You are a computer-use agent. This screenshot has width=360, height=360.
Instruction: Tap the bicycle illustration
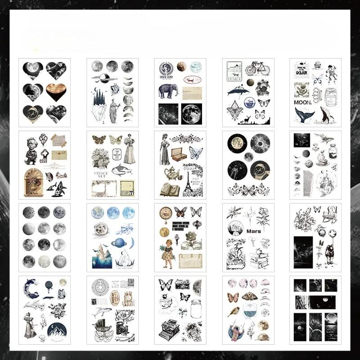[257, 69]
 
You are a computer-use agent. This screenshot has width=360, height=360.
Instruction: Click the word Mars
[253, 231]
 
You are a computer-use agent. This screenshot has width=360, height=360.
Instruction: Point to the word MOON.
[301, 103]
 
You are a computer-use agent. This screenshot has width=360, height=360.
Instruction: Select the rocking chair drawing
[330, 213]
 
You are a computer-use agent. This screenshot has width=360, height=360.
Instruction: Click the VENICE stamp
[234, 72]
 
